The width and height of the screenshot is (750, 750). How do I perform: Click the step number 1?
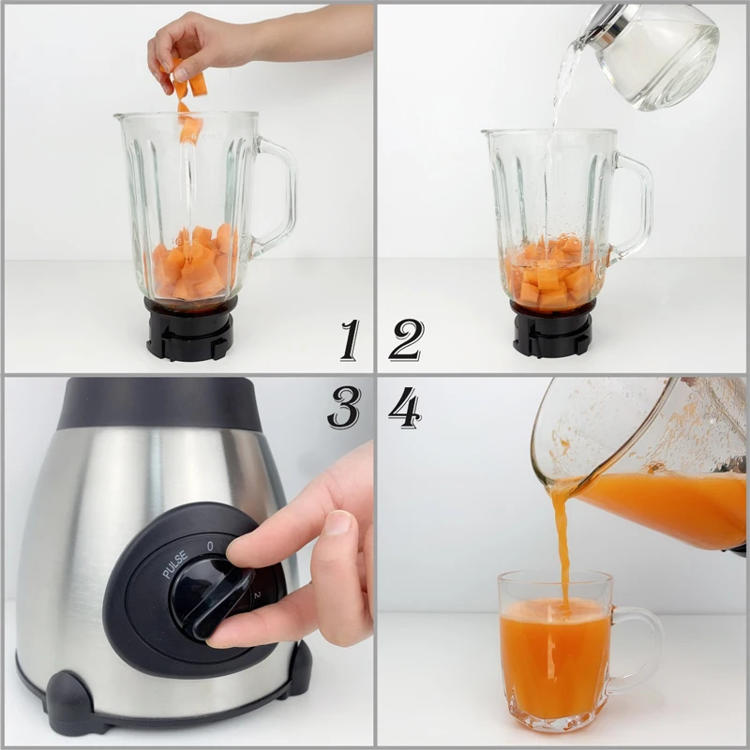350,339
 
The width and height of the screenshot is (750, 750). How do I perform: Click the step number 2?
406,339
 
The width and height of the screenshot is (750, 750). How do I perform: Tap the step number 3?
344,407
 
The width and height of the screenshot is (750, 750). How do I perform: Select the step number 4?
405,407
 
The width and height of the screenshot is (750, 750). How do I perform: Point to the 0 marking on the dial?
210,545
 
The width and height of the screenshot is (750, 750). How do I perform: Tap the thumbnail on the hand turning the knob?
336,522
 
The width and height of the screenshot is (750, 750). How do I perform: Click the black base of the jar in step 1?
190,330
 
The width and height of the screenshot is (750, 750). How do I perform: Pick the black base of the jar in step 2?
553,333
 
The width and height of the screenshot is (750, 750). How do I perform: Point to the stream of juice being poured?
562,544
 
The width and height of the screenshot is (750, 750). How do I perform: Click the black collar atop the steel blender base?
159,403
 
